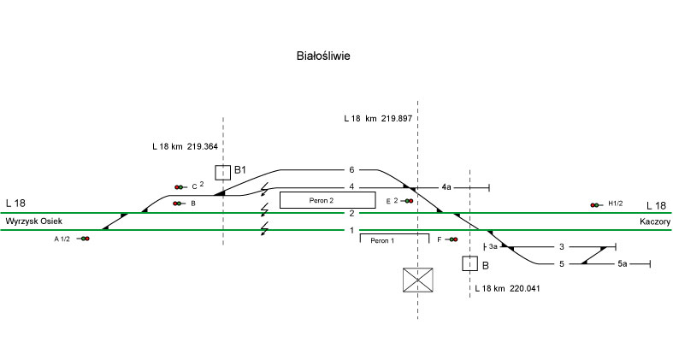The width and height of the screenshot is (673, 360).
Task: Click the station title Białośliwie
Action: (x=323, y=56)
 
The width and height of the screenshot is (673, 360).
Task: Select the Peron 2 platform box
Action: (x=327, y=199)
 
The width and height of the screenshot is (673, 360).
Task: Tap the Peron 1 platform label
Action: (x=381, y=241)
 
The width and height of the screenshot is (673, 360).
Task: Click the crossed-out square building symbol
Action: (x=418, y=280)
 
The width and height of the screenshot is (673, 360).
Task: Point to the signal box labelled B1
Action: (x=222, y=173)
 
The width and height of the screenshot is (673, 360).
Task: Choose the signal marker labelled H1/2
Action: (x=594, y=205)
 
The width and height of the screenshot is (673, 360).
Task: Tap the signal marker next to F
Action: (x=452, y=239)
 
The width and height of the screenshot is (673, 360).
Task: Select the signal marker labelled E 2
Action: (x=409, y=201)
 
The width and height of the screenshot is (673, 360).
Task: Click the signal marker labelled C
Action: (x=179, y=186)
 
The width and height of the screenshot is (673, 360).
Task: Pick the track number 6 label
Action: (x=351, y=169)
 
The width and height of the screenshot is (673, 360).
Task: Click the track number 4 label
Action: (x=351, y=186)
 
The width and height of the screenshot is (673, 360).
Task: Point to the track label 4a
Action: (x=446, y=186)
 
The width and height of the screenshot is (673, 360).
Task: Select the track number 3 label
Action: (x=561, y=247)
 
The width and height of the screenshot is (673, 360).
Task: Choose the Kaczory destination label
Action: (x=653, y=221)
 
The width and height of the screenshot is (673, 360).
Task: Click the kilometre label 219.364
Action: (x=185, y=146)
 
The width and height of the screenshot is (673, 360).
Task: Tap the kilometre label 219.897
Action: (x=378, y=118)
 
